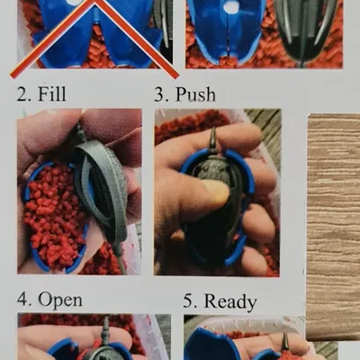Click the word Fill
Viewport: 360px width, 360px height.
click(x=51, y=94)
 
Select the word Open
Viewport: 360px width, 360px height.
click(x=61, y=299)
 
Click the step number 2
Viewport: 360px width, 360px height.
click(x=21, y=94)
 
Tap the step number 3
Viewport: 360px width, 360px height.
click(x=160, y=94)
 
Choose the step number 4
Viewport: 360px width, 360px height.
click(x=22, y=299)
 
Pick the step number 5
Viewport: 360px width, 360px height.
click(x=189, y=301)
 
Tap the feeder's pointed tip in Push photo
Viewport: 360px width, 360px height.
click(x=213, y=137)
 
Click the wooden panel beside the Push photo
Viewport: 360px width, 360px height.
click(x=333, y=225)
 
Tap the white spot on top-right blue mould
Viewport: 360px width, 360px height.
click(x=229, y=7)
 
